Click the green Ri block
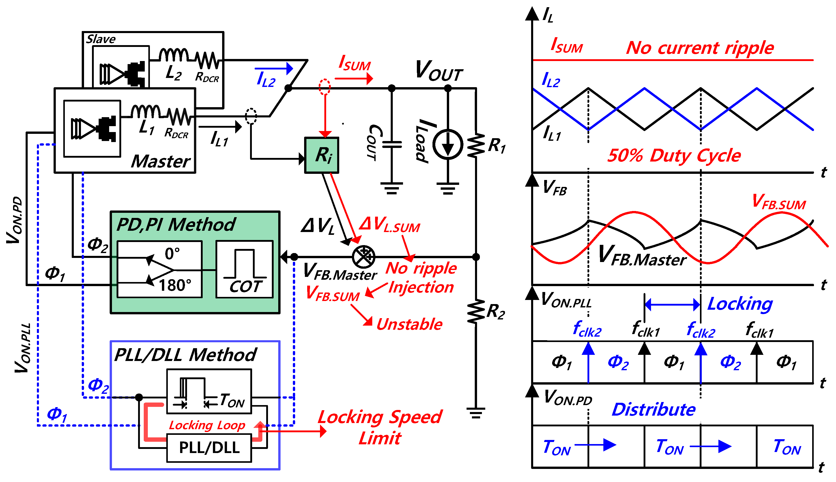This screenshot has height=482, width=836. click(321, 155)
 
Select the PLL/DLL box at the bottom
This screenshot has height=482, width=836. click(209, 448)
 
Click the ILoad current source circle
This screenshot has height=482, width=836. click(447, 145)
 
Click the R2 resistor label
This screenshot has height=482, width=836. click(496, 312)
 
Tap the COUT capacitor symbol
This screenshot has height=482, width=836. click(392, 145)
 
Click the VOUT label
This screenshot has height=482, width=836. click(439, 71)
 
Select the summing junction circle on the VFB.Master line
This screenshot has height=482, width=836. click(363, 257)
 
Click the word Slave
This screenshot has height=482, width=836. click(101, 39)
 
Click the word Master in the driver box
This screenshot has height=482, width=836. click(161, 162)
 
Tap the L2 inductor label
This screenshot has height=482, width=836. click(174, 73)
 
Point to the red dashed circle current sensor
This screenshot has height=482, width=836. click(325, 87)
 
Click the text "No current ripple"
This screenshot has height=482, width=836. click(700, 48)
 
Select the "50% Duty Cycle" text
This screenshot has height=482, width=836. click(674, 155)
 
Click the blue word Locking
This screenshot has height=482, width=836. click(740, 304)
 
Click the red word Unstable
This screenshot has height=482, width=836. click(409, 324)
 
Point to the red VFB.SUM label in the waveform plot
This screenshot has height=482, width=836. click(779, 202)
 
